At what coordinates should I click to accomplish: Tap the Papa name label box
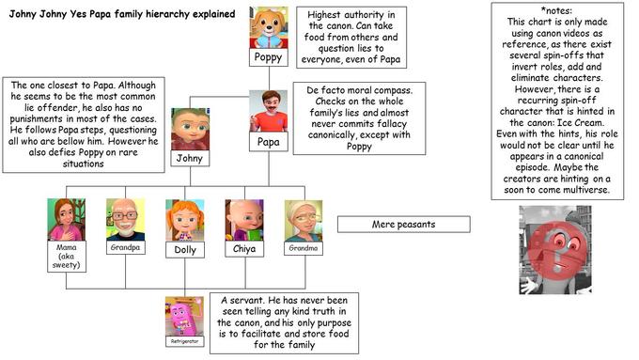point(267,142)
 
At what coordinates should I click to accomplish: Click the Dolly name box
point(185,250)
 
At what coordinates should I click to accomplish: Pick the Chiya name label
point(243,250)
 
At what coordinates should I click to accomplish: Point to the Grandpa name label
point(125,249)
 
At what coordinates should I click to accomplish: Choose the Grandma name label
point(303,249)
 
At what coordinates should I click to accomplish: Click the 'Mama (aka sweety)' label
point(67,256)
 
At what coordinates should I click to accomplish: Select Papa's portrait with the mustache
point(268,111)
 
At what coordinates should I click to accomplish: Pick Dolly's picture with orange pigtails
point(184,220)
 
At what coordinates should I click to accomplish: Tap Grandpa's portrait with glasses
point(125,219)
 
